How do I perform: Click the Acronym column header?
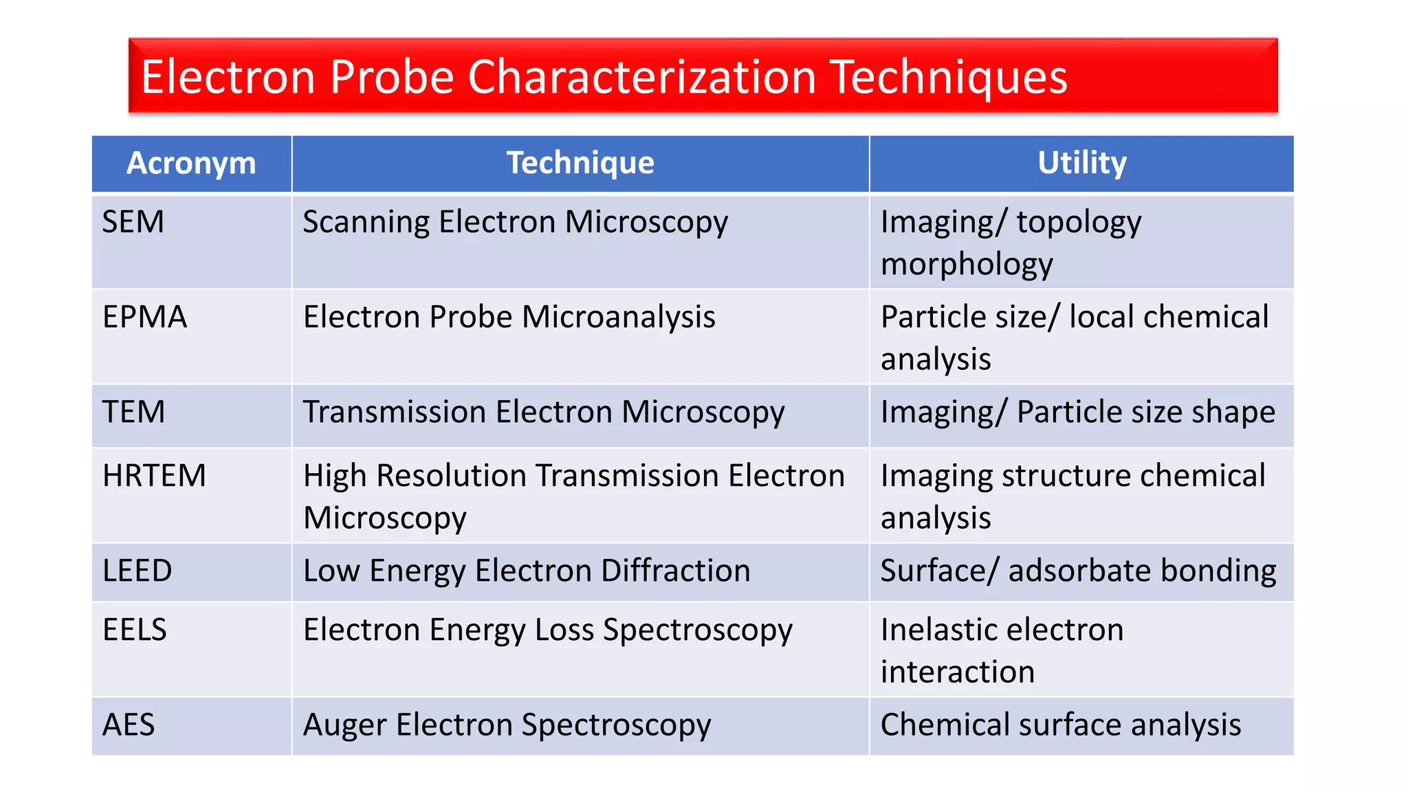point(191,164)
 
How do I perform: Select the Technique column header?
point(580,164)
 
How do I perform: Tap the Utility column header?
point(1081,164)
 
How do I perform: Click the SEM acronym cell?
point(133,222)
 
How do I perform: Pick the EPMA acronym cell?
point(144,317)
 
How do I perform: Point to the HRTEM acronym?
point(154,476)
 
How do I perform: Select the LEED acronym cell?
point(137,571)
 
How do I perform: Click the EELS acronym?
point(135,630)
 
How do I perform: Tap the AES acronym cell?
point(129,725)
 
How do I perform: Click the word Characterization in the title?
point(642,76)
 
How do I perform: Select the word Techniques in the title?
point(949,76)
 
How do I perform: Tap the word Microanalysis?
point(619,317)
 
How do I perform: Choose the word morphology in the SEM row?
point(967,265)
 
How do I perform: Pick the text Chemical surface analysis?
point(1061,725)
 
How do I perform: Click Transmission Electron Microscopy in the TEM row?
point(544,412)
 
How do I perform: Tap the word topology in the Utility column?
point(1079,222)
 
